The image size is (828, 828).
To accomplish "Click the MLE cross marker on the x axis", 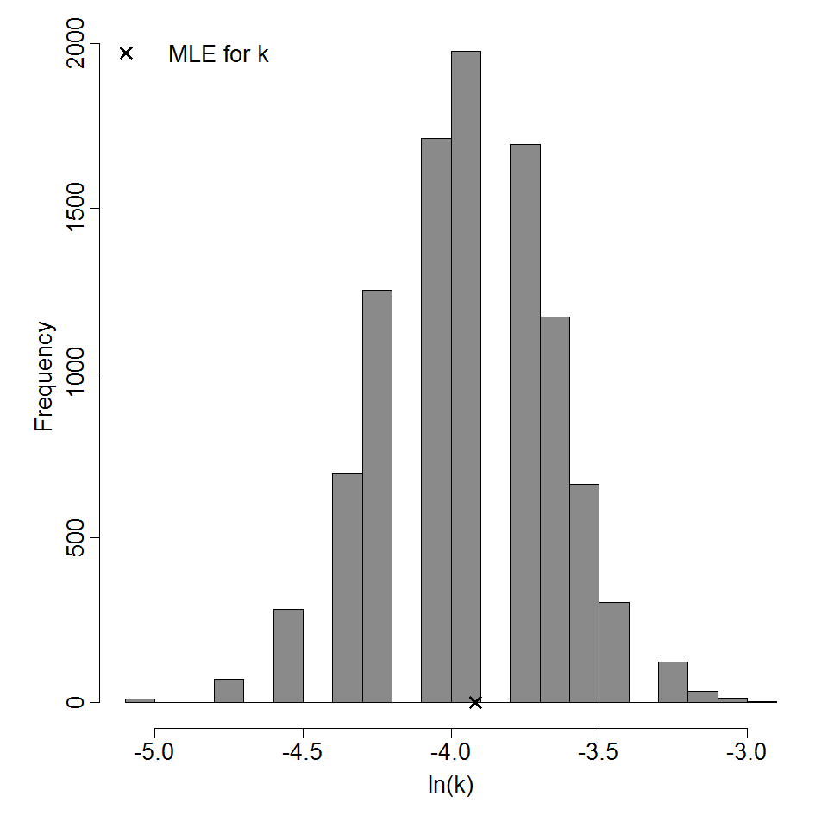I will point(474,702).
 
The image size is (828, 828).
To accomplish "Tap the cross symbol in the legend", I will point(126,53).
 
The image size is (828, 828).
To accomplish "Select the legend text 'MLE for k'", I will point(218,54).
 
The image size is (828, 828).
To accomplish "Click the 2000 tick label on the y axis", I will point(77,45).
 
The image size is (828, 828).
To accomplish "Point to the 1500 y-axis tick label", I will point(77,209).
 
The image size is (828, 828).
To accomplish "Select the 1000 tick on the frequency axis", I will point(77,373).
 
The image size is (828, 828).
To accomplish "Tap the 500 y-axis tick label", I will point(77,537).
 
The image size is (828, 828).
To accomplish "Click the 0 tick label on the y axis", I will point(77,702).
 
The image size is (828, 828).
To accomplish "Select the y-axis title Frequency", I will point(45,376).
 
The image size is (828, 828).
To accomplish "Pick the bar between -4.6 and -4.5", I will point(288,655).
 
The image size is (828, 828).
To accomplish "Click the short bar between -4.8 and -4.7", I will point(229,691).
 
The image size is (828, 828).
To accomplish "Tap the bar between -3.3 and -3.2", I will point(673,682).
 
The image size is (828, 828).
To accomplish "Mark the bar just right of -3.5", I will point(614,652).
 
